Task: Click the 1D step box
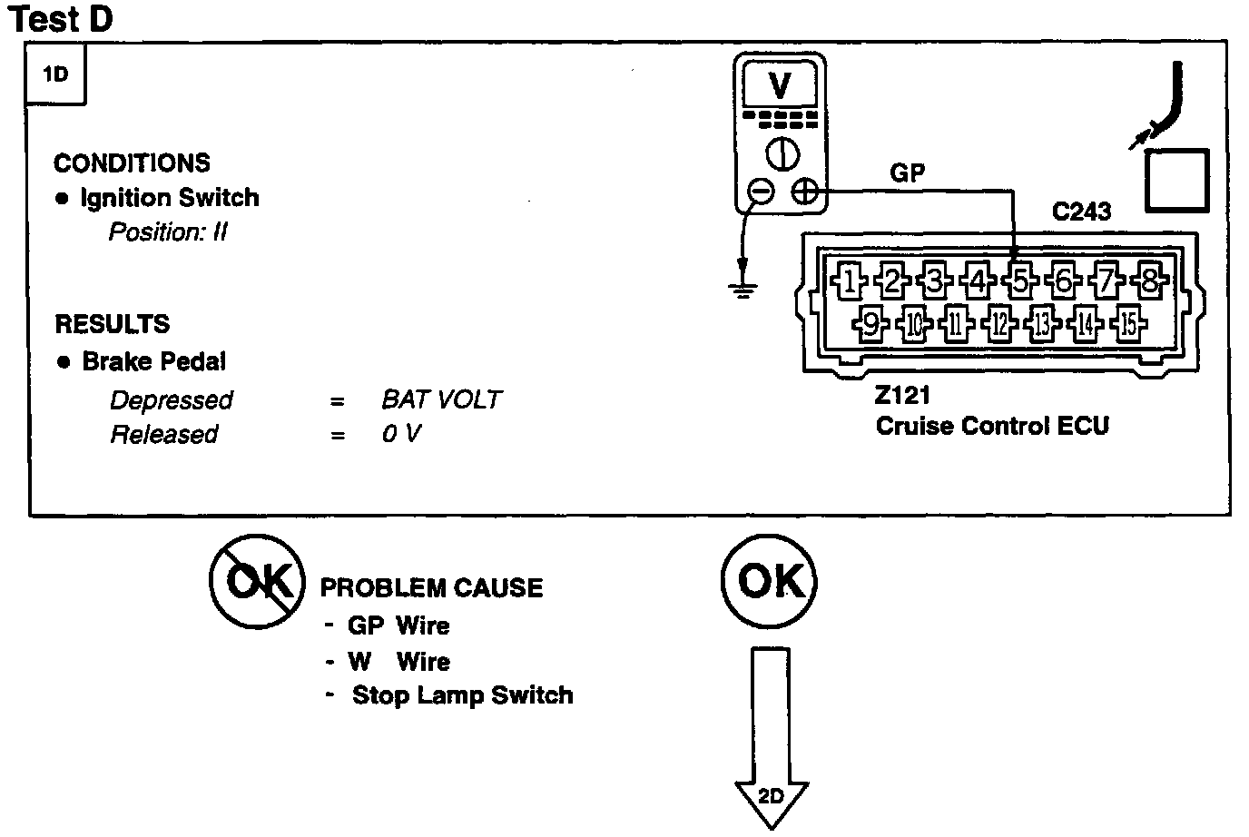tap(56, 74)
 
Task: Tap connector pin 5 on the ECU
tap(1021, 281)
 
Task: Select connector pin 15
tap(1127, 322)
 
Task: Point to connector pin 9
tap(870, 322)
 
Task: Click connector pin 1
tap(850, 281)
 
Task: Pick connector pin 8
tap(1149, 281)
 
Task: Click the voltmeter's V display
tap(780, 85)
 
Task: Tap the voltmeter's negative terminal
tap(762, 191)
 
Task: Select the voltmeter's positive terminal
tap(804, 191)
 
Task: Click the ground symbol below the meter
tap(743, 289)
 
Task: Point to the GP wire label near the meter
tap(908, 172)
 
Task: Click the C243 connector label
tap(1081, 212)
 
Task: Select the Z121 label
tap(902, 396)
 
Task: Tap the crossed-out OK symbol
tap(258, 581)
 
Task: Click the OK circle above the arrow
tap(770, 581)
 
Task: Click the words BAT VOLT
tap(441, 399)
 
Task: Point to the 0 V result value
tap(401, 434)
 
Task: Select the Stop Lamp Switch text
tap(462, 695)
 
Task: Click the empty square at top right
tap(1176, 180)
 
